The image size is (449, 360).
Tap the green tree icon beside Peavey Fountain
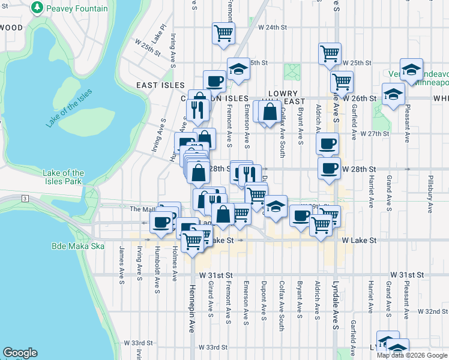pyautogui.click(x=38, y=8)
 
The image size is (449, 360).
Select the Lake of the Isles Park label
pyautogui.click(x=63, y=177)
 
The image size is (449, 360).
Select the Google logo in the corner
pyautogui.click(x=20, y=353)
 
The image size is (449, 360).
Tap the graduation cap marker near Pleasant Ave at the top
pyautogui.click(x=412, y=68)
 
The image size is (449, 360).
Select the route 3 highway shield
pyautogui.click(x=25, y=198)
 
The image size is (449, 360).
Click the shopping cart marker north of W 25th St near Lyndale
pyautogui.click(x=330, y=53)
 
